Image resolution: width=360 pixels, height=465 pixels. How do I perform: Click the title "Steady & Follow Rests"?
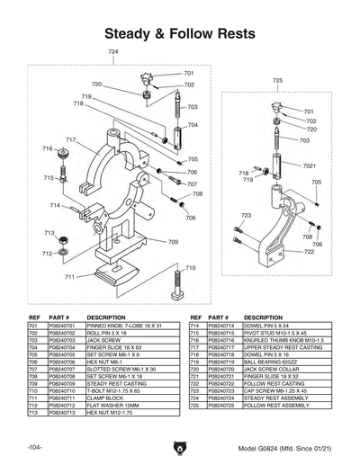point(179,33)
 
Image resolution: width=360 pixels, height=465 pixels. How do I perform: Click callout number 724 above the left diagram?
point(112,53)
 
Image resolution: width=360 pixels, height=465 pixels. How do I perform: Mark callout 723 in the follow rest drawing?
point(246,216)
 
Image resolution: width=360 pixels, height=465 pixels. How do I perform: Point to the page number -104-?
point(33,447)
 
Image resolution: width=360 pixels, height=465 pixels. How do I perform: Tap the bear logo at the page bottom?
point(180,445)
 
